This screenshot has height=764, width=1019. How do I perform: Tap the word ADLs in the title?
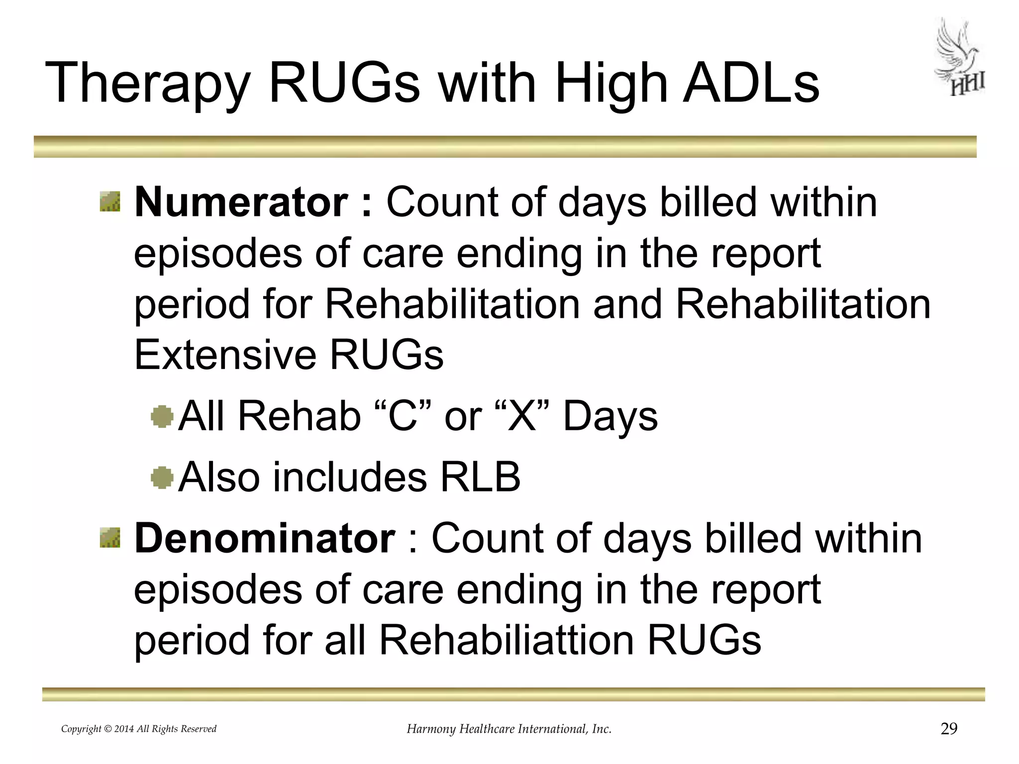(x=751, y=83)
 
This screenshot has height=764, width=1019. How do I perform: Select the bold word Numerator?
(x=241, y=202)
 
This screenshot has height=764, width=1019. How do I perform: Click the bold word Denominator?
(x=265, y=539)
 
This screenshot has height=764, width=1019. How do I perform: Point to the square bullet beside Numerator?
(x=110, y=201)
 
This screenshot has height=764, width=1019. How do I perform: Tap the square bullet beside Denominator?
(x=110, y=538)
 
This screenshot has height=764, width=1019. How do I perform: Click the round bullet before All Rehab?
(x=162, y=416)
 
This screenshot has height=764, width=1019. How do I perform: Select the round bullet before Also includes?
(x=162, y=477)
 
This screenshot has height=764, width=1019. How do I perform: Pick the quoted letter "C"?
(x=402, y=415)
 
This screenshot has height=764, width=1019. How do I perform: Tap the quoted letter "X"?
(x=522, y=415)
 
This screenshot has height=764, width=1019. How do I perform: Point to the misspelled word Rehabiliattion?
(x=507, y=640)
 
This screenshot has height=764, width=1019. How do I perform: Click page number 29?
(x=949, y=729)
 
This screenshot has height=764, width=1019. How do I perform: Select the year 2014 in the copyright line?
(x=124, y=729)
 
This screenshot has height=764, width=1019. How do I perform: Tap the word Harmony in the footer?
(x=431, y=729)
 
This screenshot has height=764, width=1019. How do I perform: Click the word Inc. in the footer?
(x=601, y=729)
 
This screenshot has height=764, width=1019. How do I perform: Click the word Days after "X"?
(x=610, y=416)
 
